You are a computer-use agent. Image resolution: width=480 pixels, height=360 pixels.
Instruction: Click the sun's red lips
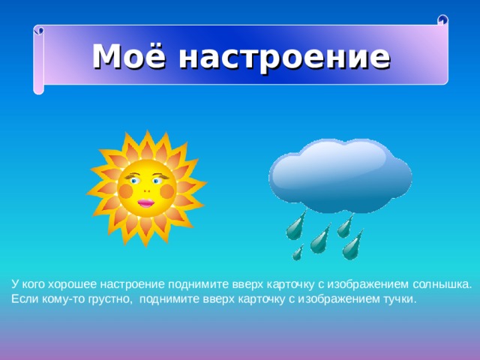pyautogui.click(x=146, y=202)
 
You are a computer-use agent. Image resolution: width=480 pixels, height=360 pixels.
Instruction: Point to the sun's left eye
pyautogui.click(x=133, y=180)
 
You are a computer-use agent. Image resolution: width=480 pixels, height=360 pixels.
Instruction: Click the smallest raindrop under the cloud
pyautogui.click(x=298, y=253)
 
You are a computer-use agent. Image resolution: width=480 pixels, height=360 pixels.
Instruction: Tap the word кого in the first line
pyautogui.click(x=34, y=285)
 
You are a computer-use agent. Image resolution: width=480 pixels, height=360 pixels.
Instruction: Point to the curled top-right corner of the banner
pyautogui.click(x=442, y=20)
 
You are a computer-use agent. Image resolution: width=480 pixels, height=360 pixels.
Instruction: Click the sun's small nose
pyautogui.click(x=146, y=190)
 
